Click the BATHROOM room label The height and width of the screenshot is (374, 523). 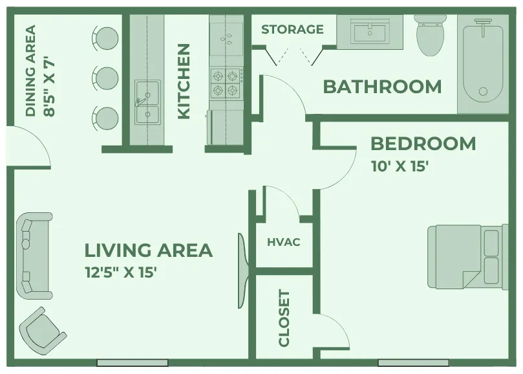click(x=382, y=86)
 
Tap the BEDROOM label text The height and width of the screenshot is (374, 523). click(x=423, y=143)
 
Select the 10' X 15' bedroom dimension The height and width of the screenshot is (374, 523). click(x=400, y=166)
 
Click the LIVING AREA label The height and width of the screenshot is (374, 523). click(x=149, y=250)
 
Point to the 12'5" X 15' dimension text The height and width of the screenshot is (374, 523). click(x=121, y=272)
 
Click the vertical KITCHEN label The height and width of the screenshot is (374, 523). click(x=184, y=81)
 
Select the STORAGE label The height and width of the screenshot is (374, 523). click(x=292, y=29)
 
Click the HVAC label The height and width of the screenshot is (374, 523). click(x=284, y=243)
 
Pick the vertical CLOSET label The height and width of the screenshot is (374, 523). click(x=284, y=318)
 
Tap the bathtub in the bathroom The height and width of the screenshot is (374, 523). click(x=483, y=65)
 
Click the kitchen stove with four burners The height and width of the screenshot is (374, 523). click(x=226, y=83)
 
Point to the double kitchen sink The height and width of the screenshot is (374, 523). click(x=147, y=102)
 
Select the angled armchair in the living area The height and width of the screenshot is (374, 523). click(x=43, y=329)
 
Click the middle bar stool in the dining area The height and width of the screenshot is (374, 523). click(x=105, y=78)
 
